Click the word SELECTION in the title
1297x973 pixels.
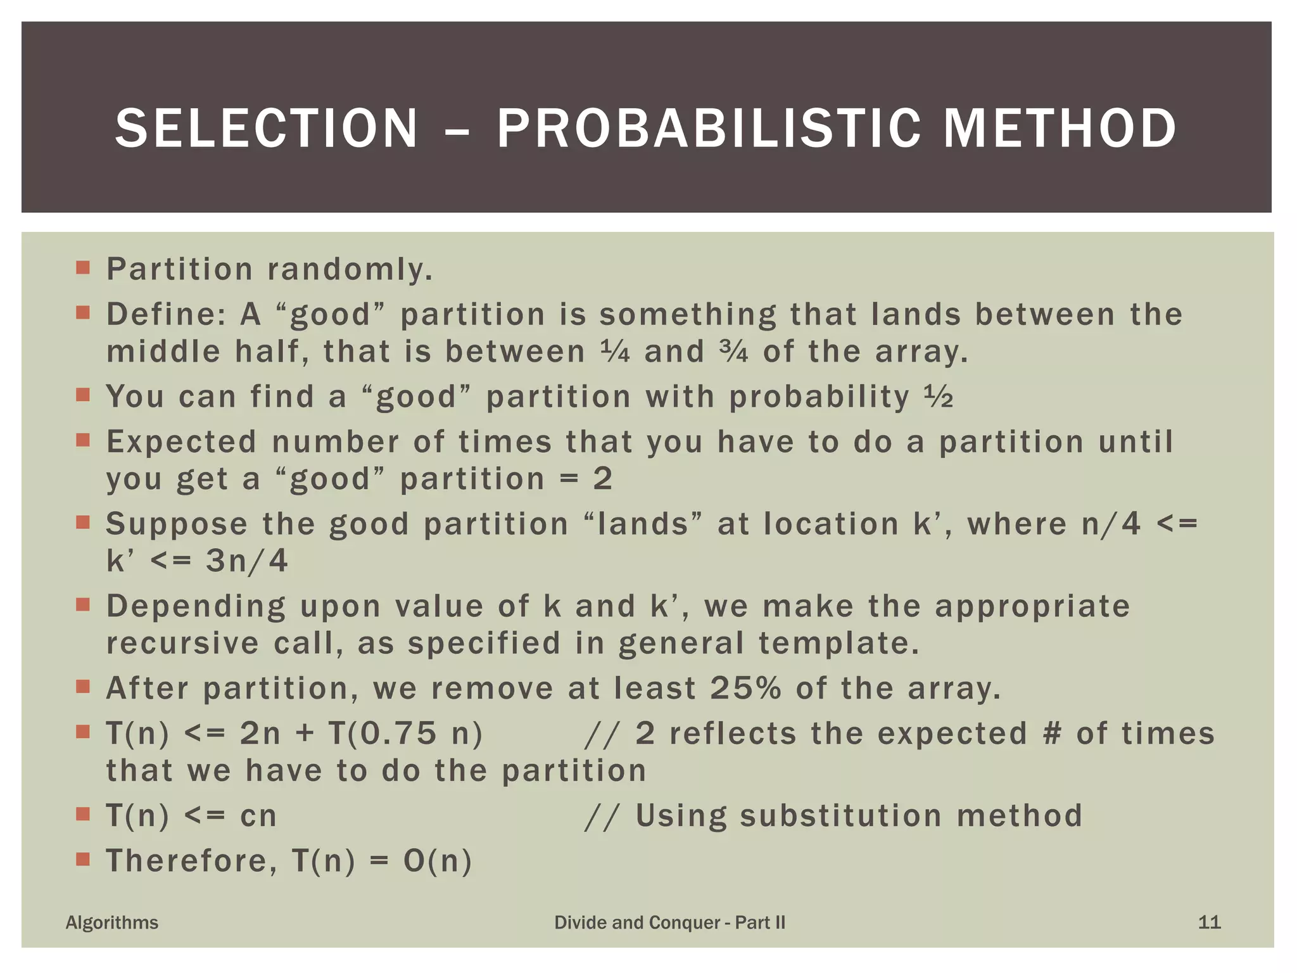(267, 129)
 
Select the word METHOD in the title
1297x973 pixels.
(1060, 129)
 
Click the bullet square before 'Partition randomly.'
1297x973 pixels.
(82, 267)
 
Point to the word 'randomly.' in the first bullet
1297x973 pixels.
(350, 269)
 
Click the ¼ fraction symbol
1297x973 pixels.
(614, 352)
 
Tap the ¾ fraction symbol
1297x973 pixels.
(733, 352)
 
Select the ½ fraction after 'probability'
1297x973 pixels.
(938, 397)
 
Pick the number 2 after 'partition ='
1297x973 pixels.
(602, 479)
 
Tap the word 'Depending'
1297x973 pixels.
(196, 607)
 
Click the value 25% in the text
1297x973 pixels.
(745, 689)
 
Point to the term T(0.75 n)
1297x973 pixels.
(405, 734)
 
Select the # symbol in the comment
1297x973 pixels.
(1051, 734)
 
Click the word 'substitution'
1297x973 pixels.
(840, 816)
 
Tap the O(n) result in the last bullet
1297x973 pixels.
(438, 862)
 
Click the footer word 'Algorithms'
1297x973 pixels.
(112, 922)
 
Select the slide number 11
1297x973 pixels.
(1209, 922)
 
